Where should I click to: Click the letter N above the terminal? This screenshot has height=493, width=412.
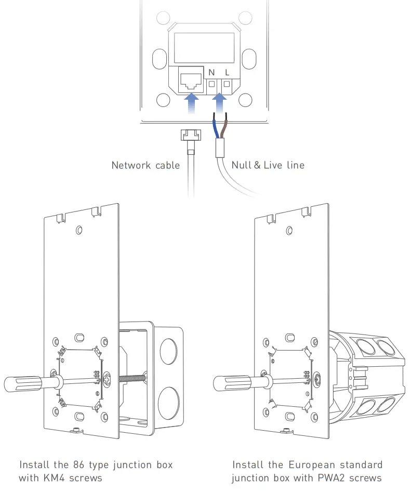tap(211, 72)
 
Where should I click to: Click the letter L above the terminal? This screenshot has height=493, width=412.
tap(227, 72)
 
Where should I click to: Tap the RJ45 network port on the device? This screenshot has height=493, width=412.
tap(191, 81)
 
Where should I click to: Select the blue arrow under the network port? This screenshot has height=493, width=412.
tap(192, 101)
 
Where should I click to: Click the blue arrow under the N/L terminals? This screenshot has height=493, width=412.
tap(220, 101)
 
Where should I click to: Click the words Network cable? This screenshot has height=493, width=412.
tap(145, 165)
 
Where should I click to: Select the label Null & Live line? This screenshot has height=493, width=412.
tap(268, 165)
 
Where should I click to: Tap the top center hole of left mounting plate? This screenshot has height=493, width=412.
tap(78, 230)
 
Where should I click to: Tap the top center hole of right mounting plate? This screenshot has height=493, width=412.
tap(288, 230)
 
